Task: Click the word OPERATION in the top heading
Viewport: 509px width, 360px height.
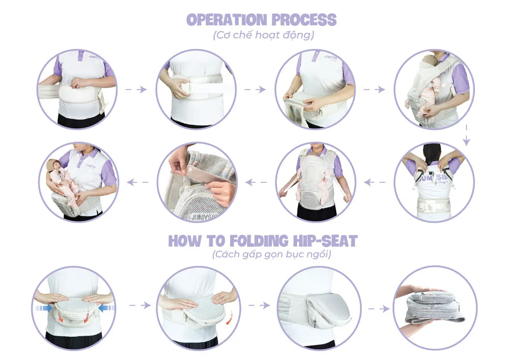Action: (x=227, y=20)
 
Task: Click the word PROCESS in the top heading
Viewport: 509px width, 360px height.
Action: (x=304, y=20)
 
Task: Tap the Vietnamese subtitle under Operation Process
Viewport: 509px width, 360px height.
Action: (x=263, y=35)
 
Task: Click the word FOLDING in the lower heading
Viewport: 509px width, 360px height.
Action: (x=259, y=241)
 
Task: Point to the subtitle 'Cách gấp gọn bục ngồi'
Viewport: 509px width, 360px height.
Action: (x=272, y=254)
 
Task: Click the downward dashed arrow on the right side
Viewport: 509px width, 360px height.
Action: (x=466, y=135)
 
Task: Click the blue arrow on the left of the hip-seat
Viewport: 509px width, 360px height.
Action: (x=43, y=308)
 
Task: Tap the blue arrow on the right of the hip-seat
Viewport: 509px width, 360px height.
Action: (x=106, y=308)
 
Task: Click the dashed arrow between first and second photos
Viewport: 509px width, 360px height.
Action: (x=136, y=89)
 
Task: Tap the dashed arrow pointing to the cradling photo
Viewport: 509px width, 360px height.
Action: (x=137, y=182)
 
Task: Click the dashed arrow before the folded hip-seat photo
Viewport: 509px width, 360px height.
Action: (x=379, y=309)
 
